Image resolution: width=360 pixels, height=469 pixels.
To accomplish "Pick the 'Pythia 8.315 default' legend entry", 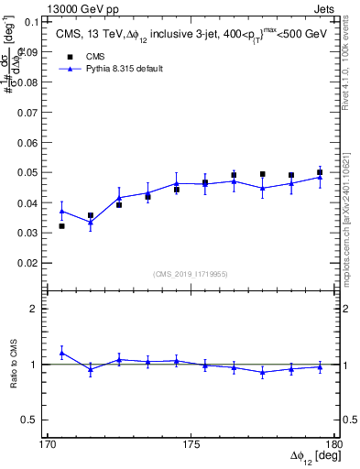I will pos(110,69).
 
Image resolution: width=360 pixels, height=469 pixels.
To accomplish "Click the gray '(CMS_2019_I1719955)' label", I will pos(191,273).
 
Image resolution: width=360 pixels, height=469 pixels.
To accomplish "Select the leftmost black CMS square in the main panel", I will pos(61,225).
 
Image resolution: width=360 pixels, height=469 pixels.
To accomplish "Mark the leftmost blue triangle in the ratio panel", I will pos(61,353).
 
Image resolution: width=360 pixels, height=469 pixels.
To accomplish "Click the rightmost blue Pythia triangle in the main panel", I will pos(320,177).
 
